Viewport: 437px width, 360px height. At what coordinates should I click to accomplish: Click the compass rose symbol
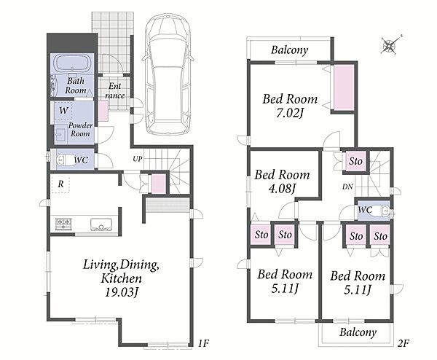[x=389, y=46]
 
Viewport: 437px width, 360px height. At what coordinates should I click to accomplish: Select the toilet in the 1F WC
[x=65, y=160]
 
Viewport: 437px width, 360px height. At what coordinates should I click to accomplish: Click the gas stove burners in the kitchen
[x=64, y=223]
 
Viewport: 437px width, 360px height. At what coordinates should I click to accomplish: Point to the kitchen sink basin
[x=101, y=224]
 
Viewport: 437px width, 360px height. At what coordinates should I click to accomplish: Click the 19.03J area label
[x=122, y=292]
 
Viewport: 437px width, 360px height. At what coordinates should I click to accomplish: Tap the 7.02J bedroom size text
[x=290, y=113]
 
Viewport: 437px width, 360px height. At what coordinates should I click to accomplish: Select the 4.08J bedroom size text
[x=282, y=188]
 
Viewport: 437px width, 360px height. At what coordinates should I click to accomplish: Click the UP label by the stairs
[x=138, y=159]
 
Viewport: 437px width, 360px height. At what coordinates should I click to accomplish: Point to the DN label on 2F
[x=347, y=187]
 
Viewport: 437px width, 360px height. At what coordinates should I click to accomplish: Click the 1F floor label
[x=203, y=343]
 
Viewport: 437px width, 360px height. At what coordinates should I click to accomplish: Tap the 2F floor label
[x=403, y=343]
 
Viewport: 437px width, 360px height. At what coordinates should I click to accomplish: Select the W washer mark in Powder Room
[x=63, y=111]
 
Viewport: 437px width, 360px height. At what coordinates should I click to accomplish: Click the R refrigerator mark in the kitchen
[x=60, y=184]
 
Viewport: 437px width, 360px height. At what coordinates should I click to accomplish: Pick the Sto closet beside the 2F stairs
[x=355, y=161]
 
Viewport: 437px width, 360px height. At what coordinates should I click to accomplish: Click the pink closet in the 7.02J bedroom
[x=344, y=88]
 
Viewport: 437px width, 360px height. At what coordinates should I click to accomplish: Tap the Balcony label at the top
[x=290, y=50]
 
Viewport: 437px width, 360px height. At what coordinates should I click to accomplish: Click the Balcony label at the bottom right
[x=358, y=332]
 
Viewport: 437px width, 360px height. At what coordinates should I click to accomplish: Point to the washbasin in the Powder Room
[x=60, y=136]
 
